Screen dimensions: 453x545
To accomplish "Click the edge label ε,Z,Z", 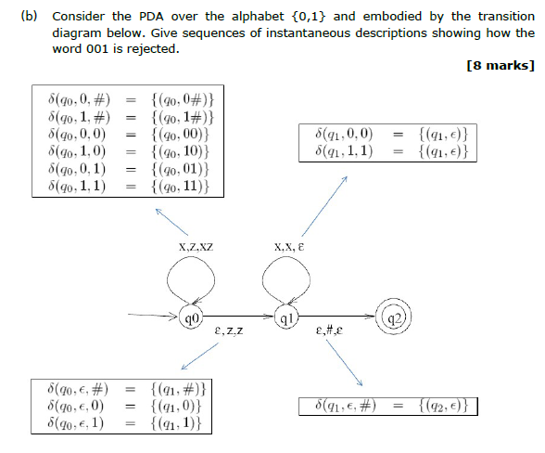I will coord(228,330).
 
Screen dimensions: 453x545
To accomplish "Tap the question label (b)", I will coord(29,17).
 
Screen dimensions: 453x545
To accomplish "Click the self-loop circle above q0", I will coord(193,278).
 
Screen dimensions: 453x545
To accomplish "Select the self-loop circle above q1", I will coord(288,278).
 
